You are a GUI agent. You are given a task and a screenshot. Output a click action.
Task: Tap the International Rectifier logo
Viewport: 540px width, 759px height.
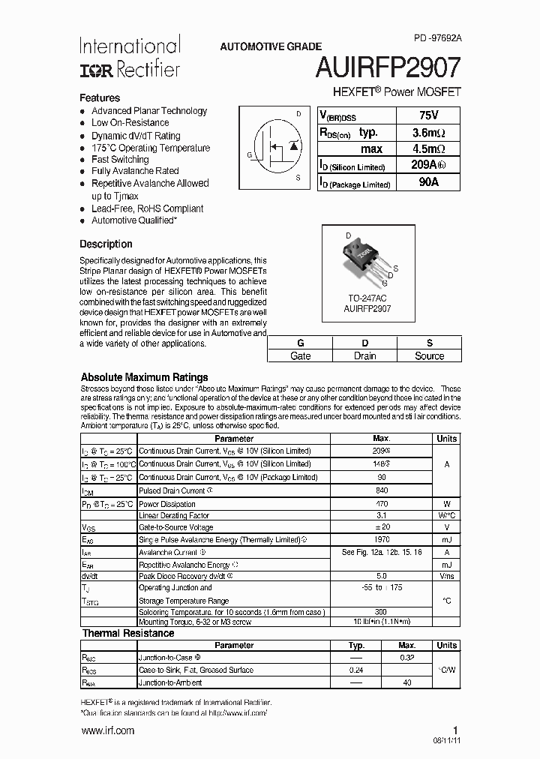pyautogui.click(x=130, y=57)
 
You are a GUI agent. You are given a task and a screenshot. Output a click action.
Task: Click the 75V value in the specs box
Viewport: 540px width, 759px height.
pyautogui.click(x=428, y=115)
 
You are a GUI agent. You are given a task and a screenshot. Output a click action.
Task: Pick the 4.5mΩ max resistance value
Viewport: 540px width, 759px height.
pyautogui.click(x=428, y=149)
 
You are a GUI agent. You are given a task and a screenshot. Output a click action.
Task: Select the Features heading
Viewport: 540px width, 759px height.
pyautogui.click(x=100, y=97)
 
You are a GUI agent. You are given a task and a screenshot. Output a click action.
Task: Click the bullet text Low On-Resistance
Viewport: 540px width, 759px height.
pyautogui.click(x=130, y=122)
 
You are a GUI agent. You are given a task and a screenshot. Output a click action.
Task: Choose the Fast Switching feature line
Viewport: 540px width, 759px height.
pyautogui.click(x=120, y=159)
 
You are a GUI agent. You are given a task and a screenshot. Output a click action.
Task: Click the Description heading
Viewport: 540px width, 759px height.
pyautogui.click(x=106, y=244)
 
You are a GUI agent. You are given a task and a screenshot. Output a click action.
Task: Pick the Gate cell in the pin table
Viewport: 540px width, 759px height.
pyautogui.click(x=300, y=355)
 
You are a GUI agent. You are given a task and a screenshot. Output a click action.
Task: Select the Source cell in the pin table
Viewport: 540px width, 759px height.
pyautogui.click(x=429, y=355)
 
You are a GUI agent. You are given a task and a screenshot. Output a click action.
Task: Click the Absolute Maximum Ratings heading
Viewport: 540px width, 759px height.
pyautogui.click(x=144, y=376)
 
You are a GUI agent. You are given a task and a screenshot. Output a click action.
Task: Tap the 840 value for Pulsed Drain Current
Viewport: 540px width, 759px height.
pyautogui.click(x=381, y=490)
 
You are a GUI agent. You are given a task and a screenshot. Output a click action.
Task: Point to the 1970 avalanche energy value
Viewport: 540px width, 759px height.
pyautogui.click(x=381, y=539)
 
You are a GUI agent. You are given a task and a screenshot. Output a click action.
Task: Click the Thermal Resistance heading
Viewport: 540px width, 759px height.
pyautogui.click(x=128, y=633)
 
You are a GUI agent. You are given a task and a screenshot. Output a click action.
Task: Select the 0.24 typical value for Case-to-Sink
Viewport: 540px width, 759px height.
pyautogui.click(x=356, y=670)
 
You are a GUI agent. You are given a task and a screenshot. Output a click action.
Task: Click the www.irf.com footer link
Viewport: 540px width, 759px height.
pyautogui.click(x=107, y=730)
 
